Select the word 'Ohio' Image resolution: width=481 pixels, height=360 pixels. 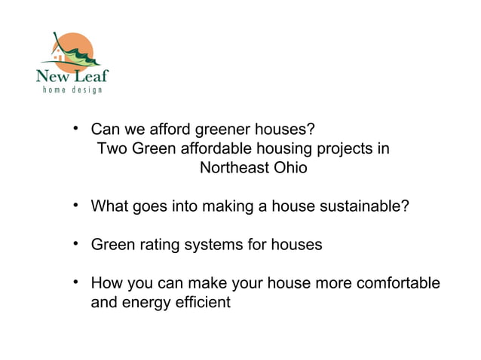pos(290,167)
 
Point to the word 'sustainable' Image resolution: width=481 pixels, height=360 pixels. pos(368,206)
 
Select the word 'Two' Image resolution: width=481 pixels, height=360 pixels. pos(112,148)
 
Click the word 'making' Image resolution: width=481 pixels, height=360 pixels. pos(231,206)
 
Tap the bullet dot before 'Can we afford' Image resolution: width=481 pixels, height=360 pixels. pos(76,129)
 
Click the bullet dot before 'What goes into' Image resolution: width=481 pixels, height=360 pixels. pos(76,205)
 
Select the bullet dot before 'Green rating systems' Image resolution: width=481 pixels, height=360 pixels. pos(76,244)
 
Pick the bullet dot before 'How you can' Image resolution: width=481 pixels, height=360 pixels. pos(76,283)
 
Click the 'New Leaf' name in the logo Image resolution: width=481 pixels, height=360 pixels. pos(72,75)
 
